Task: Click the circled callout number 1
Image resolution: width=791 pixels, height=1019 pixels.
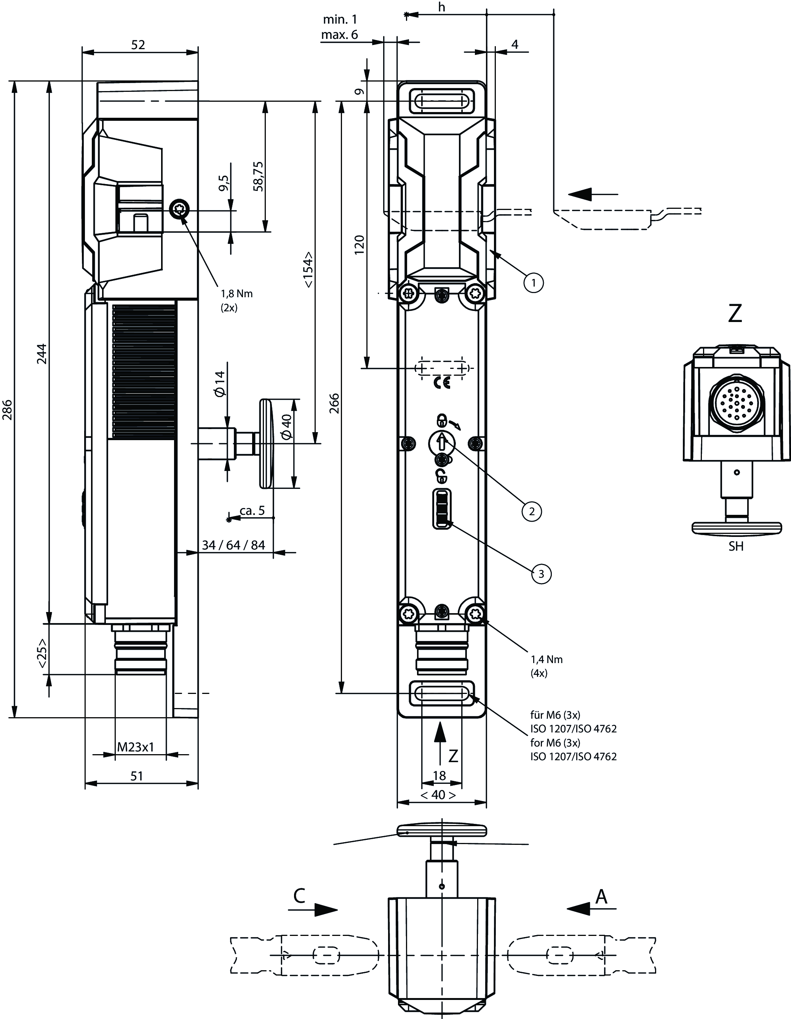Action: click(534, 282)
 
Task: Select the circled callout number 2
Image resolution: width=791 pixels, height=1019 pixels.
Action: click(532, 511)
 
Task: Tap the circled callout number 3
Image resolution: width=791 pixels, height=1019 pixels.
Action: click(541, 574)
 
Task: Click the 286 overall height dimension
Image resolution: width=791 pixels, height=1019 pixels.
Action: click(8, 409)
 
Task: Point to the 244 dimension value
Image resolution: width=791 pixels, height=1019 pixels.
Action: click(42, 354)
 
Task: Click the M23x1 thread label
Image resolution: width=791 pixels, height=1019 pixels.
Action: click(135, 747)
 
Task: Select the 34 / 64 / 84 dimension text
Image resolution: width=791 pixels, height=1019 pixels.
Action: click(233, 545)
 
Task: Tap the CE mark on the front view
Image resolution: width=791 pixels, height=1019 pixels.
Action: click(442, 383)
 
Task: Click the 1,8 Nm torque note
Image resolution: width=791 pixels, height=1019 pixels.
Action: click(237, 293)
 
